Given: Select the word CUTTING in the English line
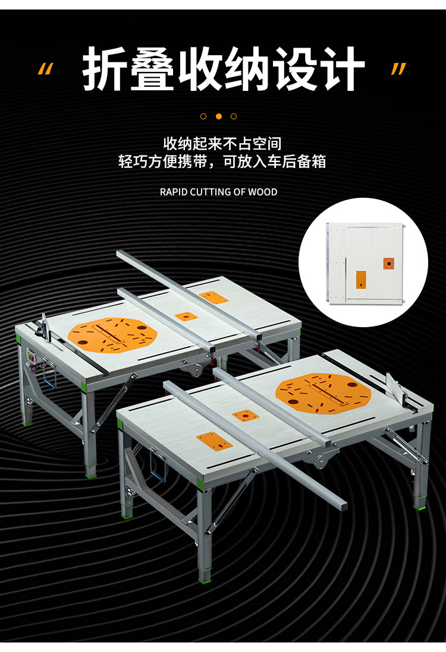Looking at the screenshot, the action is [x=206, y=192].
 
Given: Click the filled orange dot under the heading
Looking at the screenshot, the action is [x=219, y=116].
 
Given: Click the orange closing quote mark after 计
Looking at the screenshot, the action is [x=398, y=69].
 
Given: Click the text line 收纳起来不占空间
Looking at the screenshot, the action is [x=222, y=144].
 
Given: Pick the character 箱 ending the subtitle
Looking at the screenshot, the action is [x=319, y=162].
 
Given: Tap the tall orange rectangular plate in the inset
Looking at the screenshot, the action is [x=361, y=280].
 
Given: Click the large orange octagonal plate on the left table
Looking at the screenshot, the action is [x=112, y=335].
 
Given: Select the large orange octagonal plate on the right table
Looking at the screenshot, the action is [x=323, y=393].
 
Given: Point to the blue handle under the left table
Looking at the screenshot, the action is [x=49, y=378].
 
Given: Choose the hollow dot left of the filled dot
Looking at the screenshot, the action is [x=203, y=116].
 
